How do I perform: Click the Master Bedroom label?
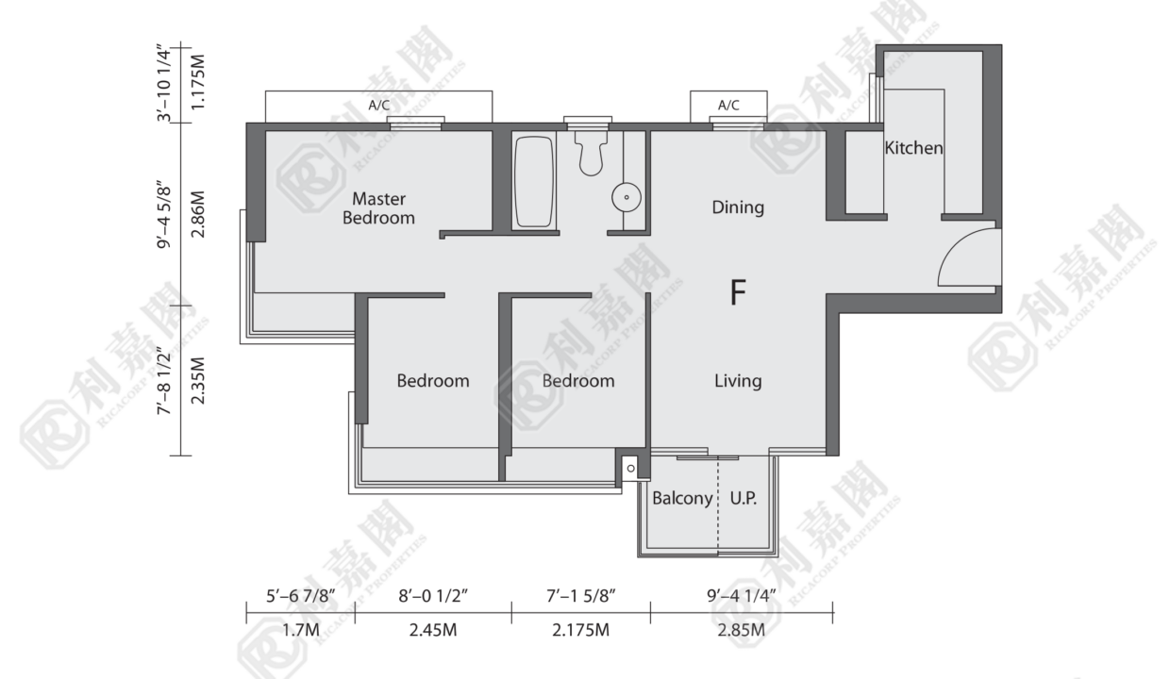point(378,207)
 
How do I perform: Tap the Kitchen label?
point(913,148)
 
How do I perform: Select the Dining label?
point(738,207)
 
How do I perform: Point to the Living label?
point(738,381)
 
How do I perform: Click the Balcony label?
point(682,499)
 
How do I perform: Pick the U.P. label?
point(744,499)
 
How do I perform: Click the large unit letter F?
point(738,292)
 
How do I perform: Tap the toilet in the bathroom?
point(592,151)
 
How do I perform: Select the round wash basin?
point(627,197)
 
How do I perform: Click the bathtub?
point(533,181)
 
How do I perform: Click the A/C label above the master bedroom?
point(378,106)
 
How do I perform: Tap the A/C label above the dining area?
point(728,106)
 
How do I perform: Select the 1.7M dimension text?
point(301,630)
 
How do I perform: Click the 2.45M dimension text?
point(433,630)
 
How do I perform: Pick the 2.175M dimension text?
point(581,630)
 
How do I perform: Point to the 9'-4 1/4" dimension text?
point(742,595)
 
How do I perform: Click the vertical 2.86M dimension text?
point(198,214)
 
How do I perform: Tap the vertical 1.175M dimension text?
point(198,82)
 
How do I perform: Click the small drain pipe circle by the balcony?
point(631,468)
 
